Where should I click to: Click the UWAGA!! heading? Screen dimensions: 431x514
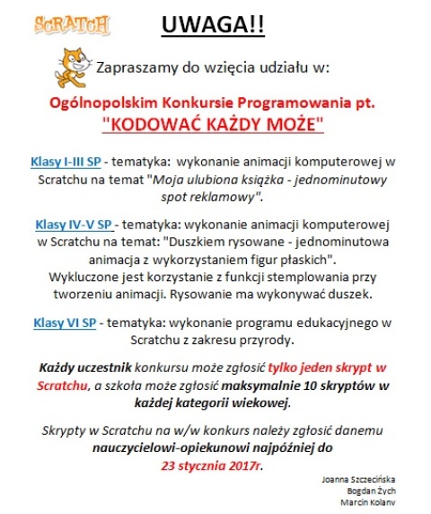pos(213,25)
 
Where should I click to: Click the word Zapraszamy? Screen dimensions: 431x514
pos(137,67)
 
